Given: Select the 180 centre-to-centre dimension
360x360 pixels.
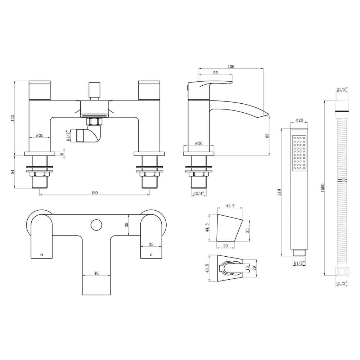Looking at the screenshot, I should (x=94, y=193).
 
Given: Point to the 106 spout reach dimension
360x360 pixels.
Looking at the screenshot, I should (x=231, y=66).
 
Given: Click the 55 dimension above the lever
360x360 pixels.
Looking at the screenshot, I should (x=216, y=73).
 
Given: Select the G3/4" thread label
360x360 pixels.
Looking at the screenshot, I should (x=199, y=193).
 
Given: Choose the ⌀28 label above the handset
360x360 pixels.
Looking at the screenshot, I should (x=299, y=120).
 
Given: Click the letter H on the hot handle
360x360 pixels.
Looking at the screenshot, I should (x=42, y=255).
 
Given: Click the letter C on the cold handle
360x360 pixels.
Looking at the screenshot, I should (x=151, y=255).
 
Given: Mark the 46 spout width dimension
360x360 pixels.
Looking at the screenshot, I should (x=96, y=273).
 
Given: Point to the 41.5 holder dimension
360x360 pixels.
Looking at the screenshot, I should (x=231, y=206).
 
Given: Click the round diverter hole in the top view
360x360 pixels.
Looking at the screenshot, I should (x=96, y=225).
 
